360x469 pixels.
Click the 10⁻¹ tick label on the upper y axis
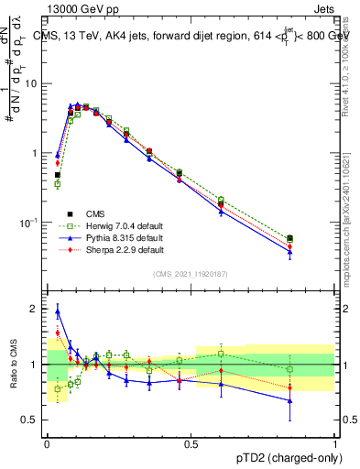[x=27, y=223]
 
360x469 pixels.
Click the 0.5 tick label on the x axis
[x=191, y=444]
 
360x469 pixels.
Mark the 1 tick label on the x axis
[x=335, y=444]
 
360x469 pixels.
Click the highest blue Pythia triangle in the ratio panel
[x=58, y=312]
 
